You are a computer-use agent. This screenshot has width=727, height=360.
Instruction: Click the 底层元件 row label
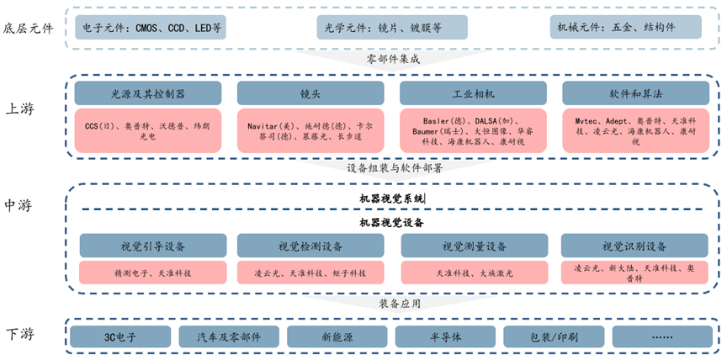tap(29, 28)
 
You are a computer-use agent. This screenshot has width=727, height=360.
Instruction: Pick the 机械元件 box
tap(626, 27)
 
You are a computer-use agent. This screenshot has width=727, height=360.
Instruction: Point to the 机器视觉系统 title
tap(392, 199)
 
